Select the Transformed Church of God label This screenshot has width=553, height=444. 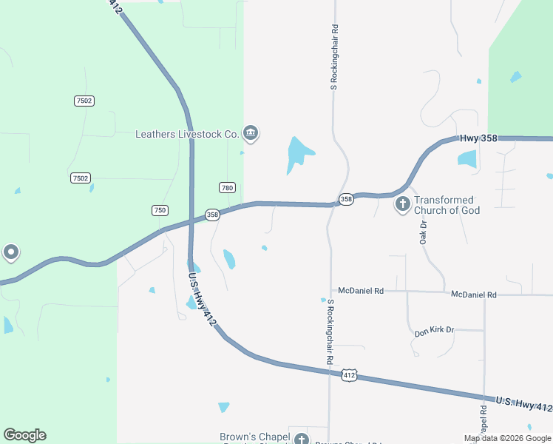[x=447, y=205]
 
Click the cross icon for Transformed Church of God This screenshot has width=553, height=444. [x=403, y=203]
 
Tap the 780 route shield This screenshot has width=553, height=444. [x=227, y=188]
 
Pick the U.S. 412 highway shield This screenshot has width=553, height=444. [x=350, y=376]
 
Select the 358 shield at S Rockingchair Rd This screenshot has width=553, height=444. [x=346, y=199]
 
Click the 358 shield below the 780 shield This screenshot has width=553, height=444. [x=212, y=215]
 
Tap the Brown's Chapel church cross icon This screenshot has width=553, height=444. [x=301, y=440]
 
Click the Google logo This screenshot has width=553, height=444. [x=24, y=435]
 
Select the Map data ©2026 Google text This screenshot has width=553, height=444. [x=508, y=438]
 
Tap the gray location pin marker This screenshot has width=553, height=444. [x=11, y=253]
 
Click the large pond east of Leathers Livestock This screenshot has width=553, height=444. [x=299, y=154]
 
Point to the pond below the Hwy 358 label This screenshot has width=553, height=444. [x=467, y=158]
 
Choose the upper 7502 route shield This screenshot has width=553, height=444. [x=84, y=101]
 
